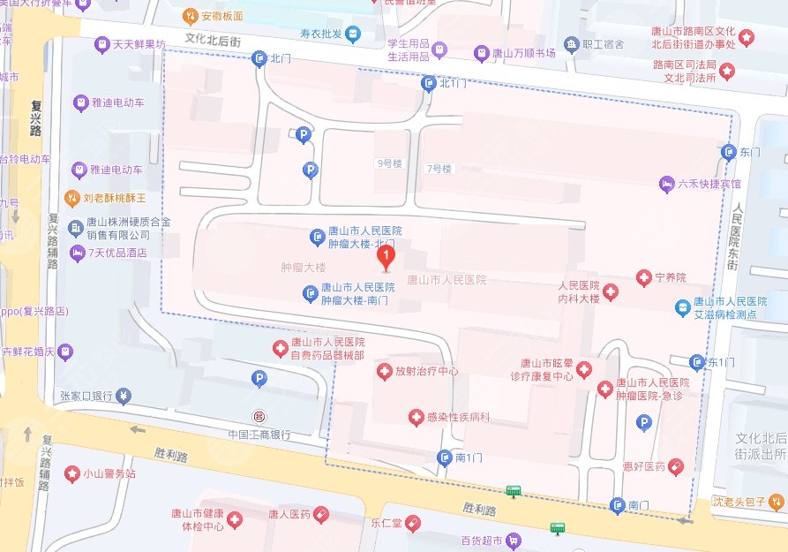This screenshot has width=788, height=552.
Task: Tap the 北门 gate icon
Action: click(259, 59)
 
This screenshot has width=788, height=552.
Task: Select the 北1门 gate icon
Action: click(429, 83)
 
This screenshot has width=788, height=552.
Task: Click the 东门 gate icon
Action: click(729, 152)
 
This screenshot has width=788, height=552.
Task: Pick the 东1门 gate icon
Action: click(698, 362)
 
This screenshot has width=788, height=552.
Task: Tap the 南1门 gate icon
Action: click(444, 457)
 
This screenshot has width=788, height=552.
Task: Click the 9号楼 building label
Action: click(389, 163)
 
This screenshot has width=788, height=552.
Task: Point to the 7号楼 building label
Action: click(439, 168)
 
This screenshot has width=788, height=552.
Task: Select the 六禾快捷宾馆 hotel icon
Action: click(666, 185)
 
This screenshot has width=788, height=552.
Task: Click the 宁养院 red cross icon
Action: click(644, 278)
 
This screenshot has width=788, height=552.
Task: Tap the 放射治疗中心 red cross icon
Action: click(384, 372)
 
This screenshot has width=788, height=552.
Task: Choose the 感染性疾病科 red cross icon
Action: click(416, 416)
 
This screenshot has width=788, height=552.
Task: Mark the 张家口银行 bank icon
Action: click(124, 396)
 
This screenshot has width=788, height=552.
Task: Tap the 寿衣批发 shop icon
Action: click(353, 34)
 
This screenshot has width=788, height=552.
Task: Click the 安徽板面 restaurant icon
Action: click(190, 16)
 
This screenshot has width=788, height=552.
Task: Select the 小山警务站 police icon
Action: click(71, 473)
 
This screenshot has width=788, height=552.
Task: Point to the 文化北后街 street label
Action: click(213, 41)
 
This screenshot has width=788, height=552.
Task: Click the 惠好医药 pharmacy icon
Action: click(675, 465)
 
